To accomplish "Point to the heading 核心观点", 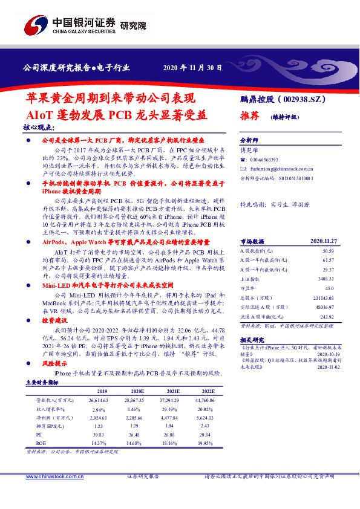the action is tap(38, 128).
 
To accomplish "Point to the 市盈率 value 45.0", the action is tap(328, 271).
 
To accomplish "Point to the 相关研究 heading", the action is tap(253, 340).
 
